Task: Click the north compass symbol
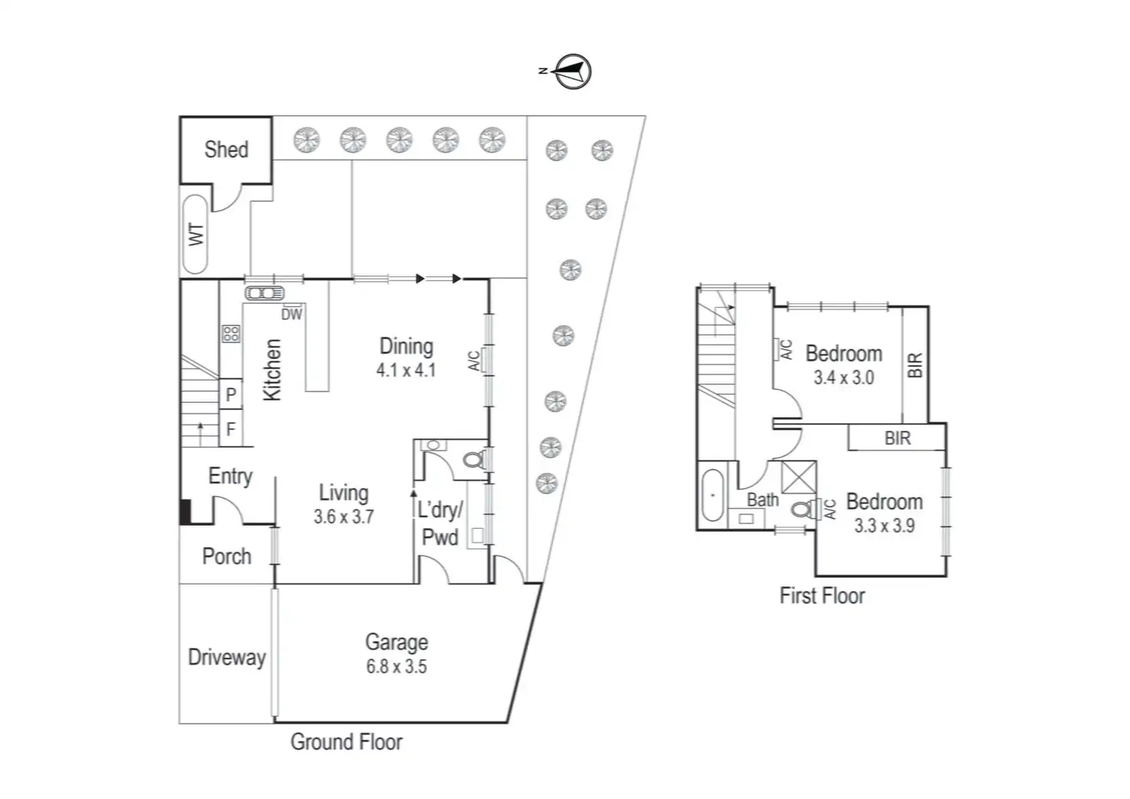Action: pos(572,71)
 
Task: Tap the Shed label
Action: pos(226,149)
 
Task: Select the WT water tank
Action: pos(196,234)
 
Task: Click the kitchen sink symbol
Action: pos(265,293)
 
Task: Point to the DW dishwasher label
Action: pos(292,314)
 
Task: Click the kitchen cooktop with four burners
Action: pos(231,333)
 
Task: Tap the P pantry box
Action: pos(231,395)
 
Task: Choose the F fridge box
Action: pos(231,429)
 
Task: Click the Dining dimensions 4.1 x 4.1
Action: pos(406,370)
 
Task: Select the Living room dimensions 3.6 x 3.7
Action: pos(343,517)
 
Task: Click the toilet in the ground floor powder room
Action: pos(473,460)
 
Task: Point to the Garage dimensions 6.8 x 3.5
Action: pos(396,666)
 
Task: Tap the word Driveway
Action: pos(226,657)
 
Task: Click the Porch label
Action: pos(226,556)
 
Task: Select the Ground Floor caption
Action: pos(346,741)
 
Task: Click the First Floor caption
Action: pos(822,596)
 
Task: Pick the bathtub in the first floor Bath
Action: pos(713,495)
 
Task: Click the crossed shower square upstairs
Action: pos(799,477)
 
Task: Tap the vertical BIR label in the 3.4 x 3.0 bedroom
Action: pos(914,365)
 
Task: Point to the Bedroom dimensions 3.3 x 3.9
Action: pos(884,526)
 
